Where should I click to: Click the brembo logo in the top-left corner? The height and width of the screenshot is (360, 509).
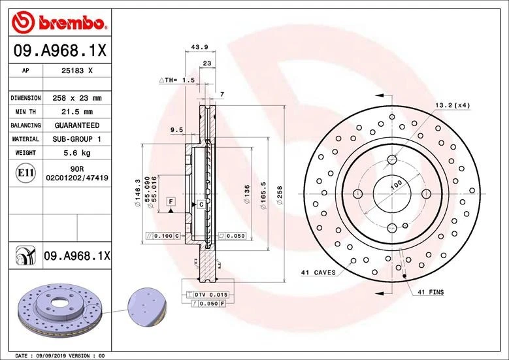(x=59, y=24)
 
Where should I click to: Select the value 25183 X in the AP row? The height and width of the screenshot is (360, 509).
(x=77, y=69)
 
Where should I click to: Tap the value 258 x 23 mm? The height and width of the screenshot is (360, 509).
(x=77, y=98)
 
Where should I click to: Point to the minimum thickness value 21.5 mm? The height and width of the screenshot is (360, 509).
(x=77, y=112)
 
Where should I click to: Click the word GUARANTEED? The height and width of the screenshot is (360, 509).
(x=77, y=125)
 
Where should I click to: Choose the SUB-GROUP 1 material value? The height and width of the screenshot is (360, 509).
(x=77, y=139)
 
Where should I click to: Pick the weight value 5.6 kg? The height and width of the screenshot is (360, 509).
(x=77, y=153)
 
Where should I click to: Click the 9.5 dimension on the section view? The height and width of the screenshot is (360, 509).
(x=176, y=130)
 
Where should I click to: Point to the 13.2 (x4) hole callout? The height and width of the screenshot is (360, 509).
(x=453, y=105)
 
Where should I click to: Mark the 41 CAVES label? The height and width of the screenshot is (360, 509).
(x=318, y=272)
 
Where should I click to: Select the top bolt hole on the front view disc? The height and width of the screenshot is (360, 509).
(x=392, y=159)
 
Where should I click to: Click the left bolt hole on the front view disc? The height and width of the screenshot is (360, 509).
(x=358, y=193)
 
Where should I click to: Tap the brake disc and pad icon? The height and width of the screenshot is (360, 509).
(x=24, y=256)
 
